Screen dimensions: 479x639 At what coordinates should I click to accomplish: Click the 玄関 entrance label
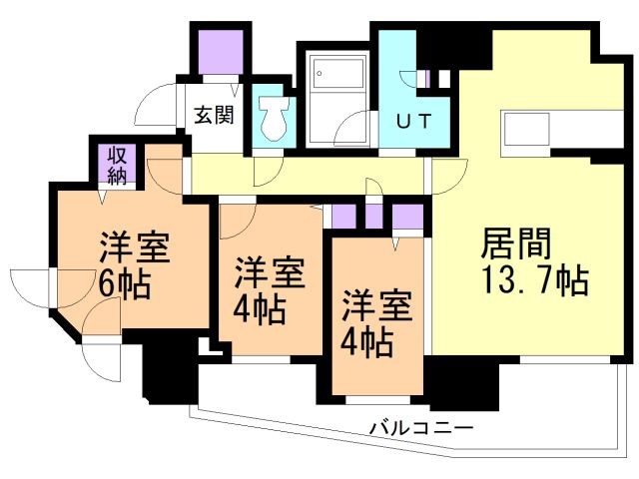[213, 114]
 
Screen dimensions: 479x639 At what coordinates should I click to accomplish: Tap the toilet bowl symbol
[272, 120]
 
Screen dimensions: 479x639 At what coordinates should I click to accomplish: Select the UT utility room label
[414, 123]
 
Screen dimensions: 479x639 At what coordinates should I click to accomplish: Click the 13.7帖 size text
[534, 280]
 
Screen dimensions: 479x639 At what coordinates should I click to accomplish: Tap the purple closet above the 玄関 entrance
[217, 49]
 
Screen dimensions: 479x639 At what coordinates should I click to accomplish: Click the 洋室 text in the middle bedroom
[270, 271]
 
